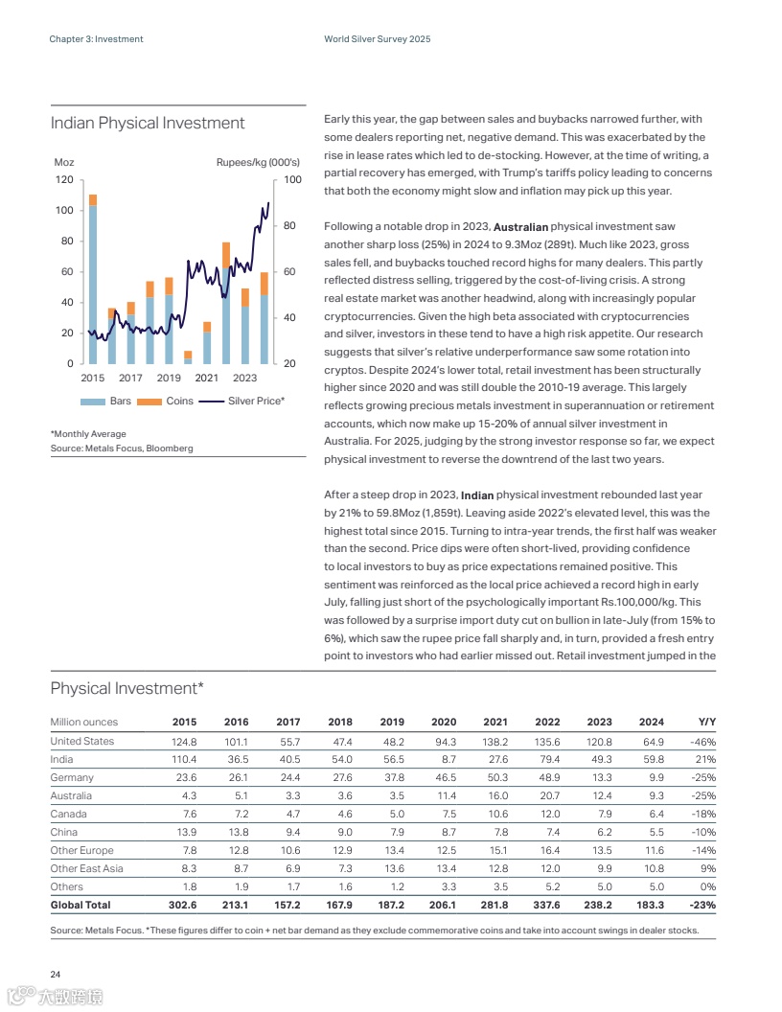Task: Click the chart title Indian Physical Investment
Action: [147, 124]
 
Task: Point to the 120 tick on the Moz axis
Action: [64, 180]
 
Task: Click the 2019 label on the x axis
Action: [169, 378]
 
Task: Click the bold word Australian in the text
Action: [520, 227]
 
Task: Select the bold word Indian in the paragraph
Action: [477, 495]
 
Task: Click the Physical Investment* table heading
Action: [126, 688]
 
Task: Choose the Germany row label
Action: [72, 777]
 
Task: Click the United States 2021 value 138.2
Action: [494, 741]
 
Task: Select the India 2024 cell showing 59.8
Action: [650, 759]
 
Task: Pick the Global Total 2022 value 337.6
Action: [546, 905]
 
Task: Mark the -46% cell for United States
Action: [702, 741]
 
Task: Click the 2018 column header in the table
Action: [339, 722]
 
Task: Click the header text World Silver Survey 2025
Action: [378, 39]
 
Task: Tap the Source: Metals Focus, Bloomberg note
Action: [122, 448]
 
